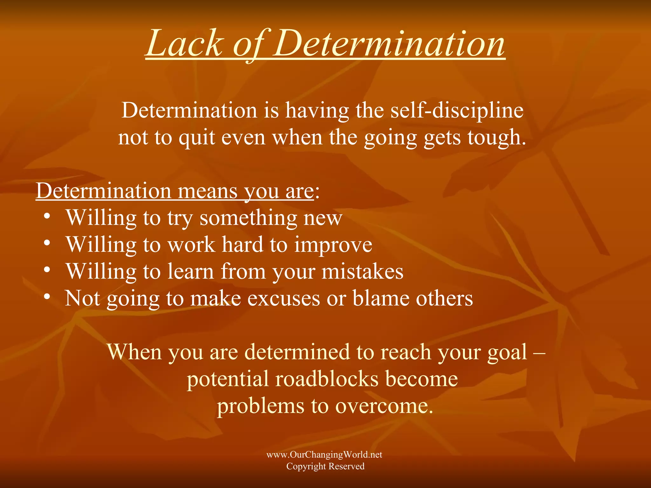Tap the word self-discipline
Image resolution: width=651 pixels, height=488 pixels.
pos(457,110)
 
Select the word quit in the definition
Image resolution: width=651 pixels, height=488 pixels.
pos(196,138)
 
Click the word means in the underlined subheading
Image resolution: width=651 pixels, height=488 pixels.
pos(208,191)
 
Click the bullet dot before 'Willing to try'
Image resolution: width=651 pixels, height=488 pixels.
pos(47,216)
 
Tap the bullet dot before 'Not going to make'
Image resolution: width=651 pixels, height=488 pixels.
pos(47,297)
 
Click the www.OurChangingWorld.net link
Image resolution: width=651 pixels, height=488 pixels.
pos(324,455)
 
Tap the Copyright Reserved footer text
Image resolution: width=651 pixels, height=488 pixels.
pos(325,466)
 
